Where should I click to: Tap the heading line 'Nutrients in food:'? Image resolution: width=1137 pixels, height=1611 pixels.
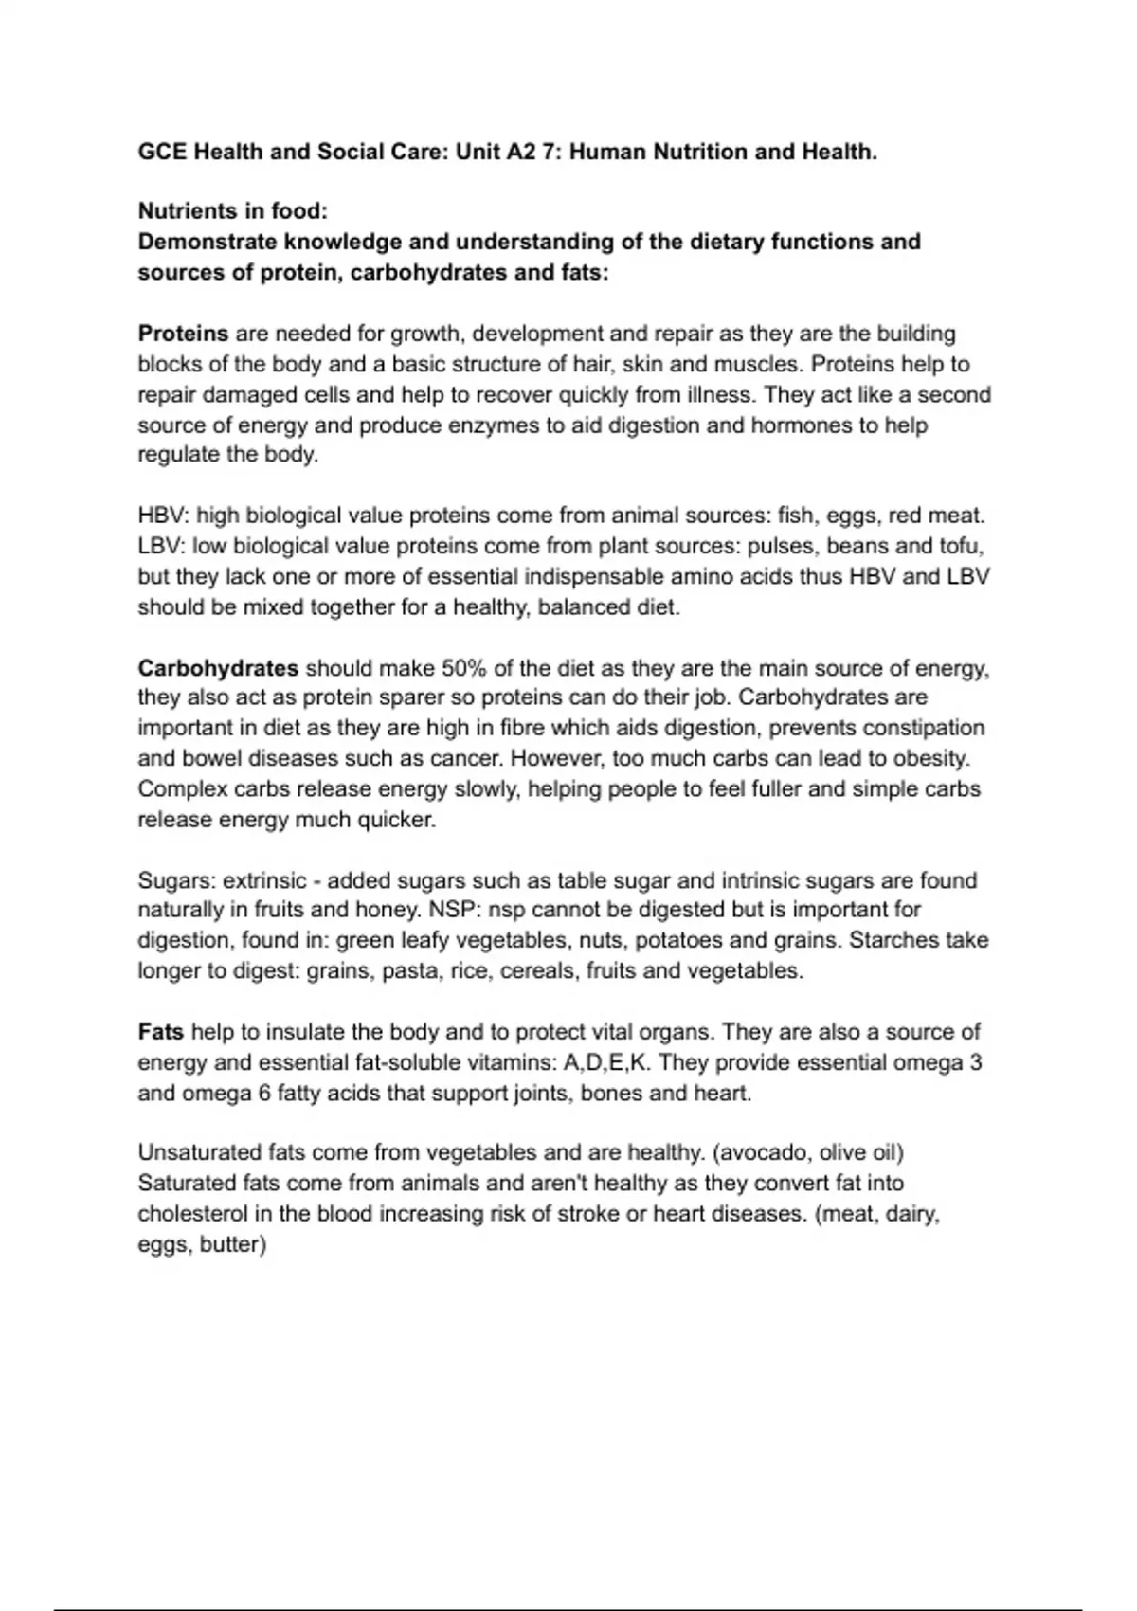232,210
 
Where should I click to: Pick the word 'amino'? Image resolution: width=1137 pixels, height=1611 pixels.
733,576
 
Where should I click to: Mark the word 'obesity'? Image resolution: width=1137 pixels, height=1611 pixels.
932,758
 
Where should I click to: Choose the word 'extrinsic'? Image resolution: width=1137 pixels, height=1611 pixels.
264,880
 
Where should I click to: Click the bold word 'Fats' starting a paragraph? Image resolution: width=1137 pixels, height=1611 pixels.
161,1031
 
